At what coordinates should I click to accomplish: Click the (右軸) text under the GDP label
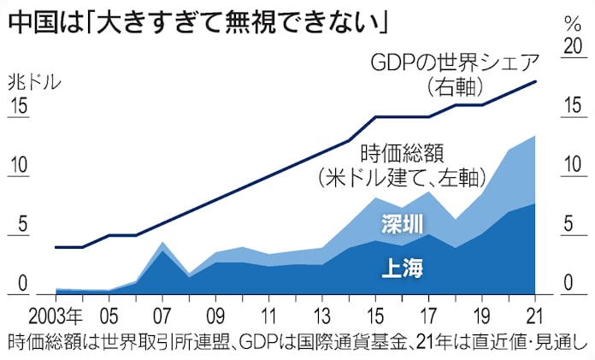tap(455, 87)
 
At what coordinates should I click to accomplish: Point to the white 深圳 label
tap(401, 225)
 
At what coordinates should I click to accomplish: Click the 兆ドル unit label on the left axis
tap(34, 83)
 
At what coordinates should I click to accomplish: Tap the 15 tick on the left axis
tap(21, 109)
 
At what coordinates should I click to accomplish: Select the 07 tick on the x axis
tap(162, 312)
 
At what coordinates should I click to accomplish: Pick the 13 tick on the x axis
tap(322, 312)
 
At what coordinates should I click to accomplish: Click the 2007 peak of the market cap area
tap(162, 243)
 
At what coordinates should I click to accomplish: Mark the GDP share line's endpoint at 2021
tap(536, 81)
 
